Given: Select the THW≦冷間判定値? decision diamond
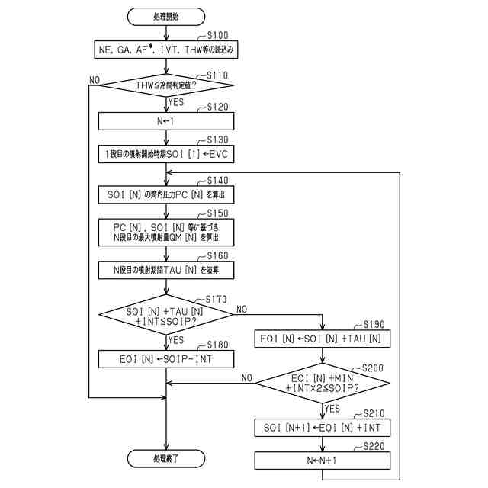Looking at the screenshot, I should (167, 85).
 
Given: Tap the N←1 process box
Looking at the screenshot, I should (167, 120).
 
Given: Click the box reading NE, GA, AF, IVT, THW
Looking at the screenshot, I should (167, 50).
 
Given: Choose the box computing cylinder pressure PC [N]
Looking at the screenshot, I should (167, 195).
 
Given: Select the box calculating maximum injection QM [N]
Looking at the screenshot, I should (167, 232).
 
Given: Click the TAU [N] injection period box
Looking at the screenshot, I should (167, 269).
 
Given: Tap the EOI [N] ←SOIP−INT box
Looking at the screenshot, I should (167, 358).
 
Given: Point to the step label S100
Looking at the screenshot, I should (218, 36).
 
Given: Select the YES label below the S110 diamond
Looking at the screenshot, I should (177, 101).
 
